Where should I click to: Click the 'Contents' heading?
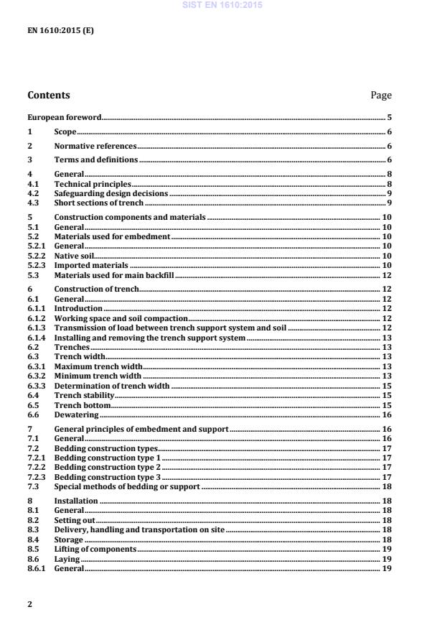tap(49, 95)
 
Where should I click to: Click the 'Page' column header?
tap(380, 95)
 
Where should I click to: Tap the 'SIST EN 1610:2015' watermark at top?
tap(222, 5)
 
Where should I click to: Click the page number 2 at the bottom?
tap(29, 604)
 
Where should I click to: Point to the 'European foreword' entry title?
tap(64, 116)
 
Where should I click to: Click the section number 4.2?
tap(32, 193)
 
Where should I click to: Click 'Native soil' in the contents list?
tap(74, 255)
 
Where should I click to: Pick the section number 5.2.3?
tap(36, 264)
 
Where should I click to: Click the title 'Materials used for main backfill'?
tap(114, 274)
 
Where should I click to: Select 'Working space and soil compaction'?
tap(121, 318)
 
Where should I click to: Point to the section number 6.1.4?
tap(36, 337)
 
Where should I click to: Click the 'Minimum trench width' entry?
tap(98, 375)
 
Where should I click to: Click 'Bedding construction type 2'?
tap(108, 467)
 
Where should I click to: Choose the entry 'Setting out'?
tap(75, 519)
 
